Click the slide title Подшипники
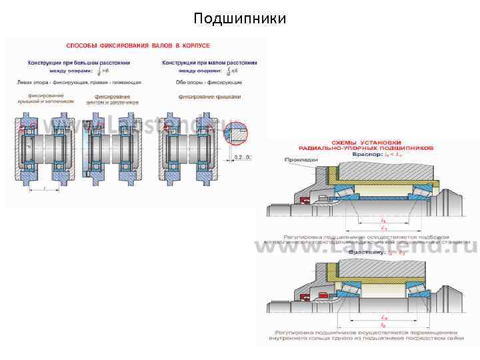pyautogui.click(x=239, y=18)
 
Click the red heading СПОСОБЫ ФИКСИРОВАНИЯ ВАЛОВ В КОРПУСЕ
pyautogui.click(x=138, y=46)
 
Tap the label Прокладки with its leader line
pyautogui.click(x=297, y=160)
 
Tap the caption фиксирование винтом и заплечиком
pyautogui.click(x=113, y=100)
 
